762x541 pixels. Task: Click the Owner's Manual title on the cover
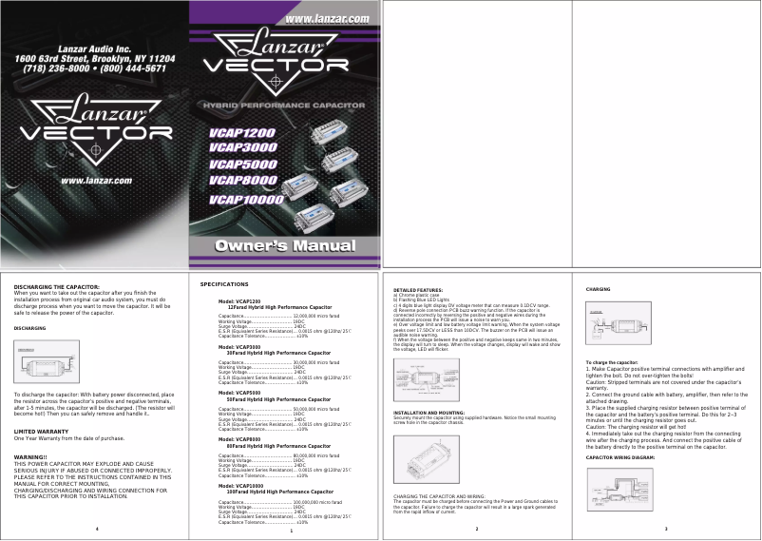286,245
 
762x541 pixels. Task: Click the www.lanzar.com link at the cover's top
327,19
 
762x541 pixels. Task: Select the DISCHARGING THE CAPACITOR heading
56,286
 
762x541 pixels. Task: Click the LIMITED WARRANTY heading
41,432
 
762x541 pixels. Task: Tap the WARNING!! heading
31,457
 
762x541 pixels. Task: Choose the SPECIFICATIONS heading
224,284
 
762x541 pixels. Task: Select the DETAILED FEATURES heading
418,289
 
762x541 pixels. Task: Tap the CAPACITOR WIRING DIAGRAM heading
620,457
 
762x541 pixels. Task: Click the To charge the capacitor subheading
612,362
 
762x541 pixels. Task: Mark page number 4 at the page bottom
97,528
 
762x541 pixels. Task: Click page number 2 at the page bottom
476,528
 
